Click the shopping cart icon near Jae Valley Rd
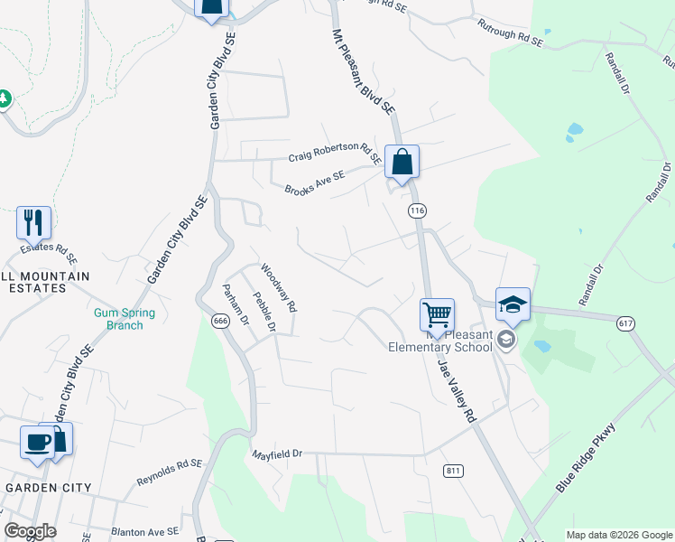[437, 315]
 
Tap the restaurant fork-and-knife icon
[33, 222]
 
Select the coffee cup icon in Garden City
[38, 442]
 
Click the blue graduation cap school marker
[513, 304]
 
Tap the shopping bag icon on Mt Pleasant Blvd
[402, 164]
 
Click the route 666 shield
[219, 321]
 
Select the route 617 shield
[625, 322]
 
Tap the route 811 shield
[453, 471]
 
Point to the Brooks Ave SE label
[315, 184]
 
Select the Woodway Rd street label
[279, 287]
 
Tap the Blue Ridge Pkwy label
[585, 458]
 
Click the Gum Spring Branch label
[125, 319]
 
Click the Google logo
[31, 531]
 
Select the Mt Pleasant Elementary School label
[439, 339]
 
